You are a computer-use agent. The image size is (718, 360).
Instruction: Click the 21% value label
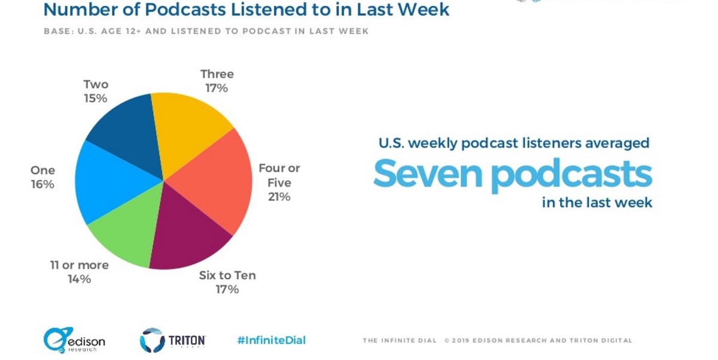[279, 196]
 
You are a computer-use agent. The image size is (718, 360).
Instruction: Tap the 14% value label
[79, 279]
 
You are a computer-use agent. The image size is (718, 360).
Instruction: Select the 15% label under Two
[96, 99]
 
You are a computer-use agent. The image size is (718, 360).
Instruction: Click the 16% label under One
[42, 185]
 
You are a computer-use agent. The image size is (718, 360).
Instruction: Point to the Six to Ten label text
[227, 276]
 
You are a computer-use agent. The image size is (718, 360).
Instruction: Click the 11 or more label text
[79, 265]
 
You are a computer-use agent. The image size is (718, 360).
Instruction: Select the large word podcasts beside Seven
[574, 174]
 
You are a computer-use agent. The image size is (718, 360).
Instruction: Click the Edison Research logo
[74, 340]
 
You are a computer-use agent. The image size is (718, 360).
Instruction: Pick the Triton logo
[173, 340]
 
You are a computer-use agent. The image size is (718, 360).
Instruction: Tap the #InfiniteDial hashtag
[271, 340]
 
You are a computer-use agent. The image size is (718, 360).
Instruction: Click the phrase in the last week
[597, 203]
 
